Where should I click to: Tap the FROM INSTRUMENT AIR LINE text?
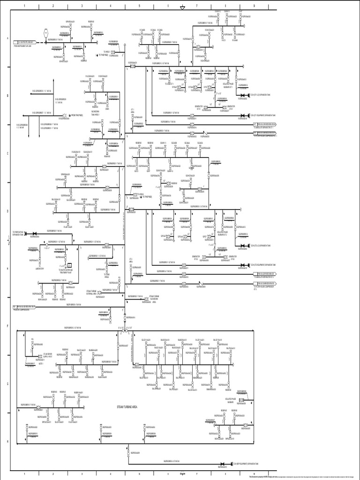click(22, 46)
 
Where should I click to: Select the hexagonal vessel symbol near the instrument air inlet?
click(46, 33)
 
